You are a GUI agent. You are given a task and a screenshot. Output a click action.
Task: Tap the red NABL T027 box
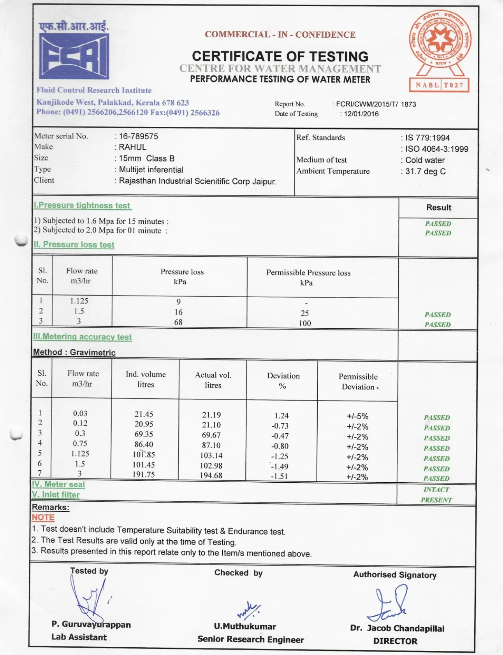439,85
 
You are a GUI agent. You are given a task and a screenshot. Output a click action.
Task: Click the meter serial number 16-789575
139,137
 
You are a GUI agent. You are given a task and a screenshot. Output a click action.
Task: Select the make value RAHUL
133,147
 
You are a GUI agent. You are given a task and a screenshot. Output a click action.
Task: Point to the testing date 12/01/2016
361,114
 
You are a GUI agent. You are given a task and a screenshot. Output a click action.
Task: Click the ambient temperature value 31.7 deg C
425,172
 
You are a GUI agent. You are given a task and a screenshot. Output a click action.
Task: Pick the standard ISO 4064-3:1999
436,149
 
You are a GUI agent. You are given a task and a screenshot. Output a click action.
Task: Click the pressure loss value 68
178,322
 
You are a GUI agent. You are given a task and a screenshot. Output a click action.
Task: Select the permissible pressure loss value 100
305,323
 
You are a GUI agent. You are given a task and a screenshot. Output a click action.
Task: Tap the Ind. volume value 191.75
144,475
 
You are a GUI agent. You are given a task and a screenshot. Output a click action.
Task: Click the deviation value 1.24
281,416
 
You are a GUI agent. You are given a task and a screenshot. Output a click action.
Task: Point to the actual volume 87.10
211,445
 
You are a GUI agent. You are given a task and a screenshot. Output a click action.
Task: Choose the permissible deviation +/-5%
357,417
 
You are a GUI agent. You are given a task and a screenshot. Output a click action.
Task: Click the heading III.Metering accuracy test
83,337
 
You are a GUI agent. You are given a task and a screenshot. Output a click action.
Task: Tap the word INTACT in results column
436,490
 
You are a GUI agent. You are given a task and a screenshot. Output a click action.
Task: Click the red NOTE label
43,518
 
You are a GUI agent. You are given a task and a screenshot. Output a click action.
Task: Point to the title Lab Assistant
79,637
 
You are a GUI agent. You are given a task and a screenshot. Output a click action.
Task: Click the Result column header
438,208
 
